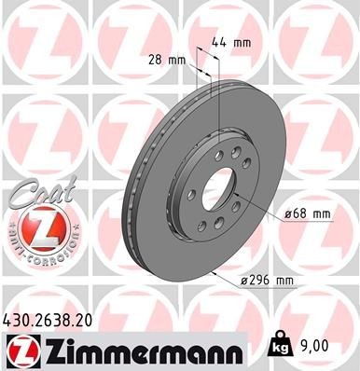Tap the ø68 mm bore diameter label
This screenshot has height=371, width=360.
pyautogui.click(x=309, y=214)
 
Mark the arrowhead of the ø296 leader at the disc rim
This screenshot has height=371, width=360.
pyautogui.click(x=214, y=272)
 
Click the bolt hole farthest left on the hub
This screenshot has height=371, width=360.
pyautogui.click(x=190, y=195)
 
